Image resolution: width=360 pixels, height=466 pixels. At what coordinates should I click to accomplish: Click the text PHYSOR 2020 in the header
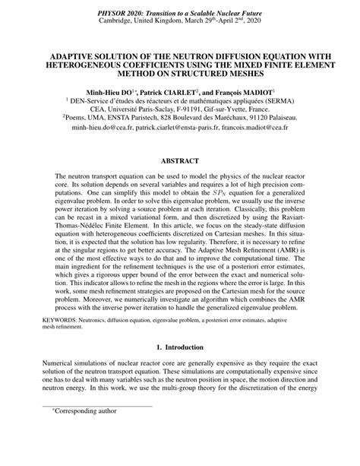pyautogui.click(x=124, y=14)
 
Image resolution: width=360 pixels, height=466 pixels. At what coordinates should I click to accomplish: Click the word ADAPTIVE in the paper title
pyautogui.click(x=77, y=55)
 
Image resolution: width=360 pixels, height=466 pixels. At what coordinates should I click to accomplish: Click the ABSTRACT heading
pyautogui.click(x=179, y=161)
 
